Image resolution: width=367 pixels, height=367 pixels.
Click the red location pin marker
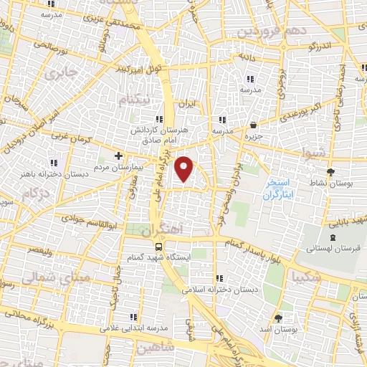point(185,168)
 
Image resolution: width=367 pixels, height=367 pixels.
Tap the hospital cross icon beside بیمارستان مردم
point(119,155)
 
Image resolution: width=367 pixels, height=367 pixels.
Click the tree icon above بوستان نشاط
point(330,172)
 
